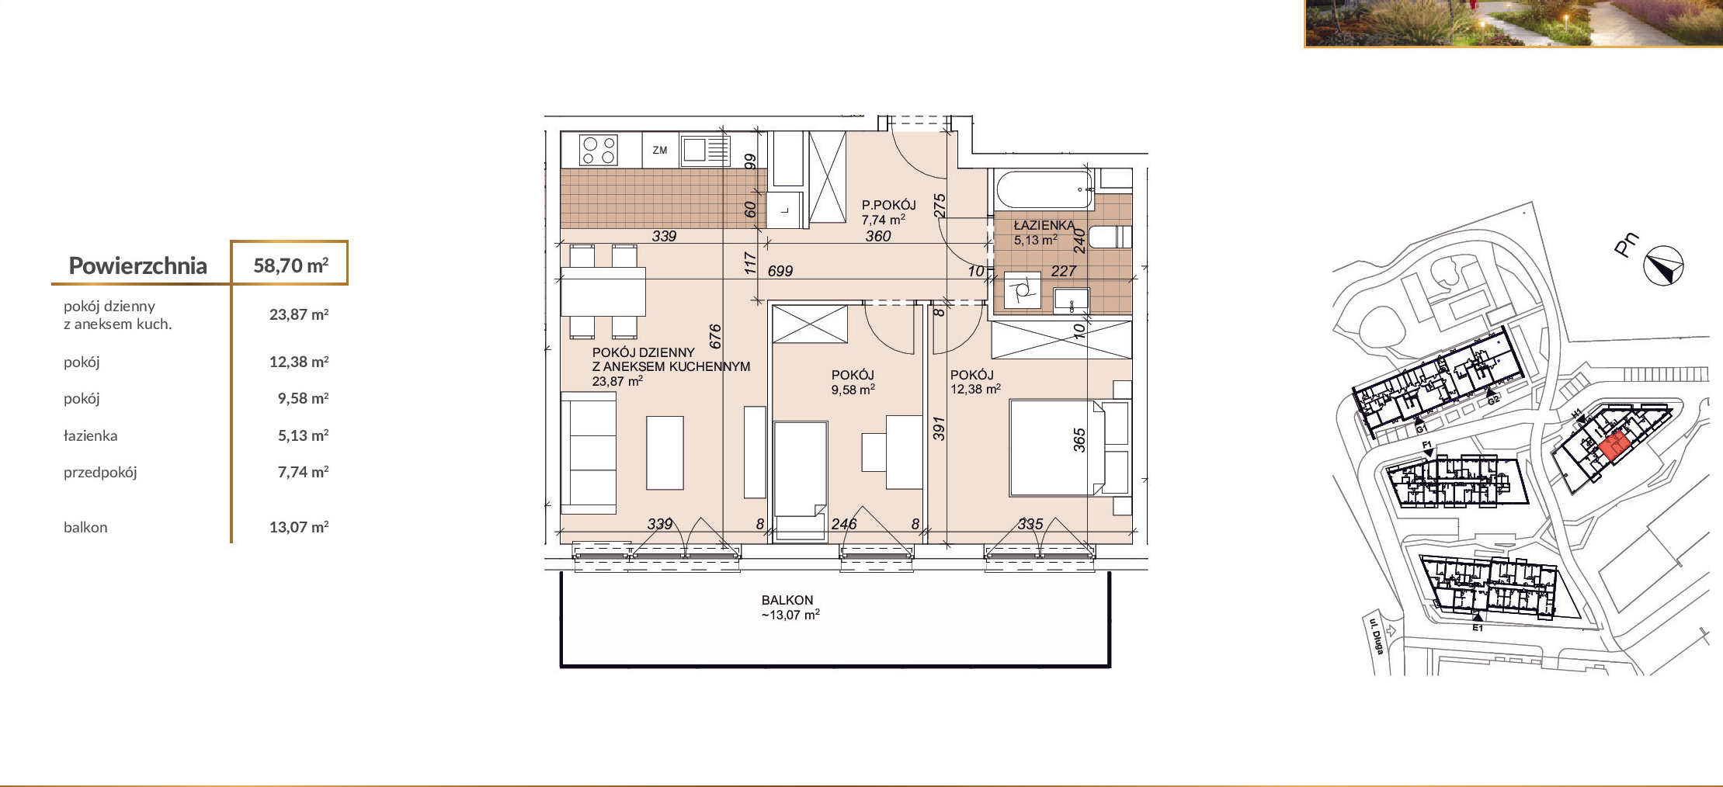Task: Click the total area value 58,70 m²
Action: click(291, 265)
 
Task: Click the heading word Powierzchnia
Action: click(137, 266)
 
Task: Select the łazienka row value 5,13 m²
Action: click(303, 435)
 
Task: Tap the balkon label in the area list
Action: click(85, 528)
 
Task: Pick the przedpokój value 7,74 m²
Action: click(303, 472)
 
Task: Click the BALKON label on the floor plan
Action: click(787, 600)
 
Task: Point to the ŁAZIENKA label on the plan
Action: click(1044, 226)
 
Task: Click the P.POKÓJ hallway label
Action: click(888, 205)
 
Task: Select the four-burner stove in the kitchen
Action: click(599, 150)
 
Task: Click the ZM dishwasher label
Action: click(660, 151)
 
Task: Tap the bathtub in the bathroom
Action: click(1045, 190)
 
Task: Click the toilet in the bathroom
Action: click(1110, 237)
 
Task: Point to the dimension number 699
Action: click(780, 271)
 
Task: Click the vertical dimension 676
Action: click(715, 337)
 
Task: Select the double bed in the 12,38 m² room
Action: click(1069, 448)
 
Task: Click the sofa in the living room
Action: click(589, 453)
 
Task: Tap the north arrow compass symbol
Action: click(1663, 266)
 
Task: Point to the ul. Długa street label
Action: click(1375, 636)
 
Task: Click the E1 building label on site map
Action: click(1478, 628)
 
